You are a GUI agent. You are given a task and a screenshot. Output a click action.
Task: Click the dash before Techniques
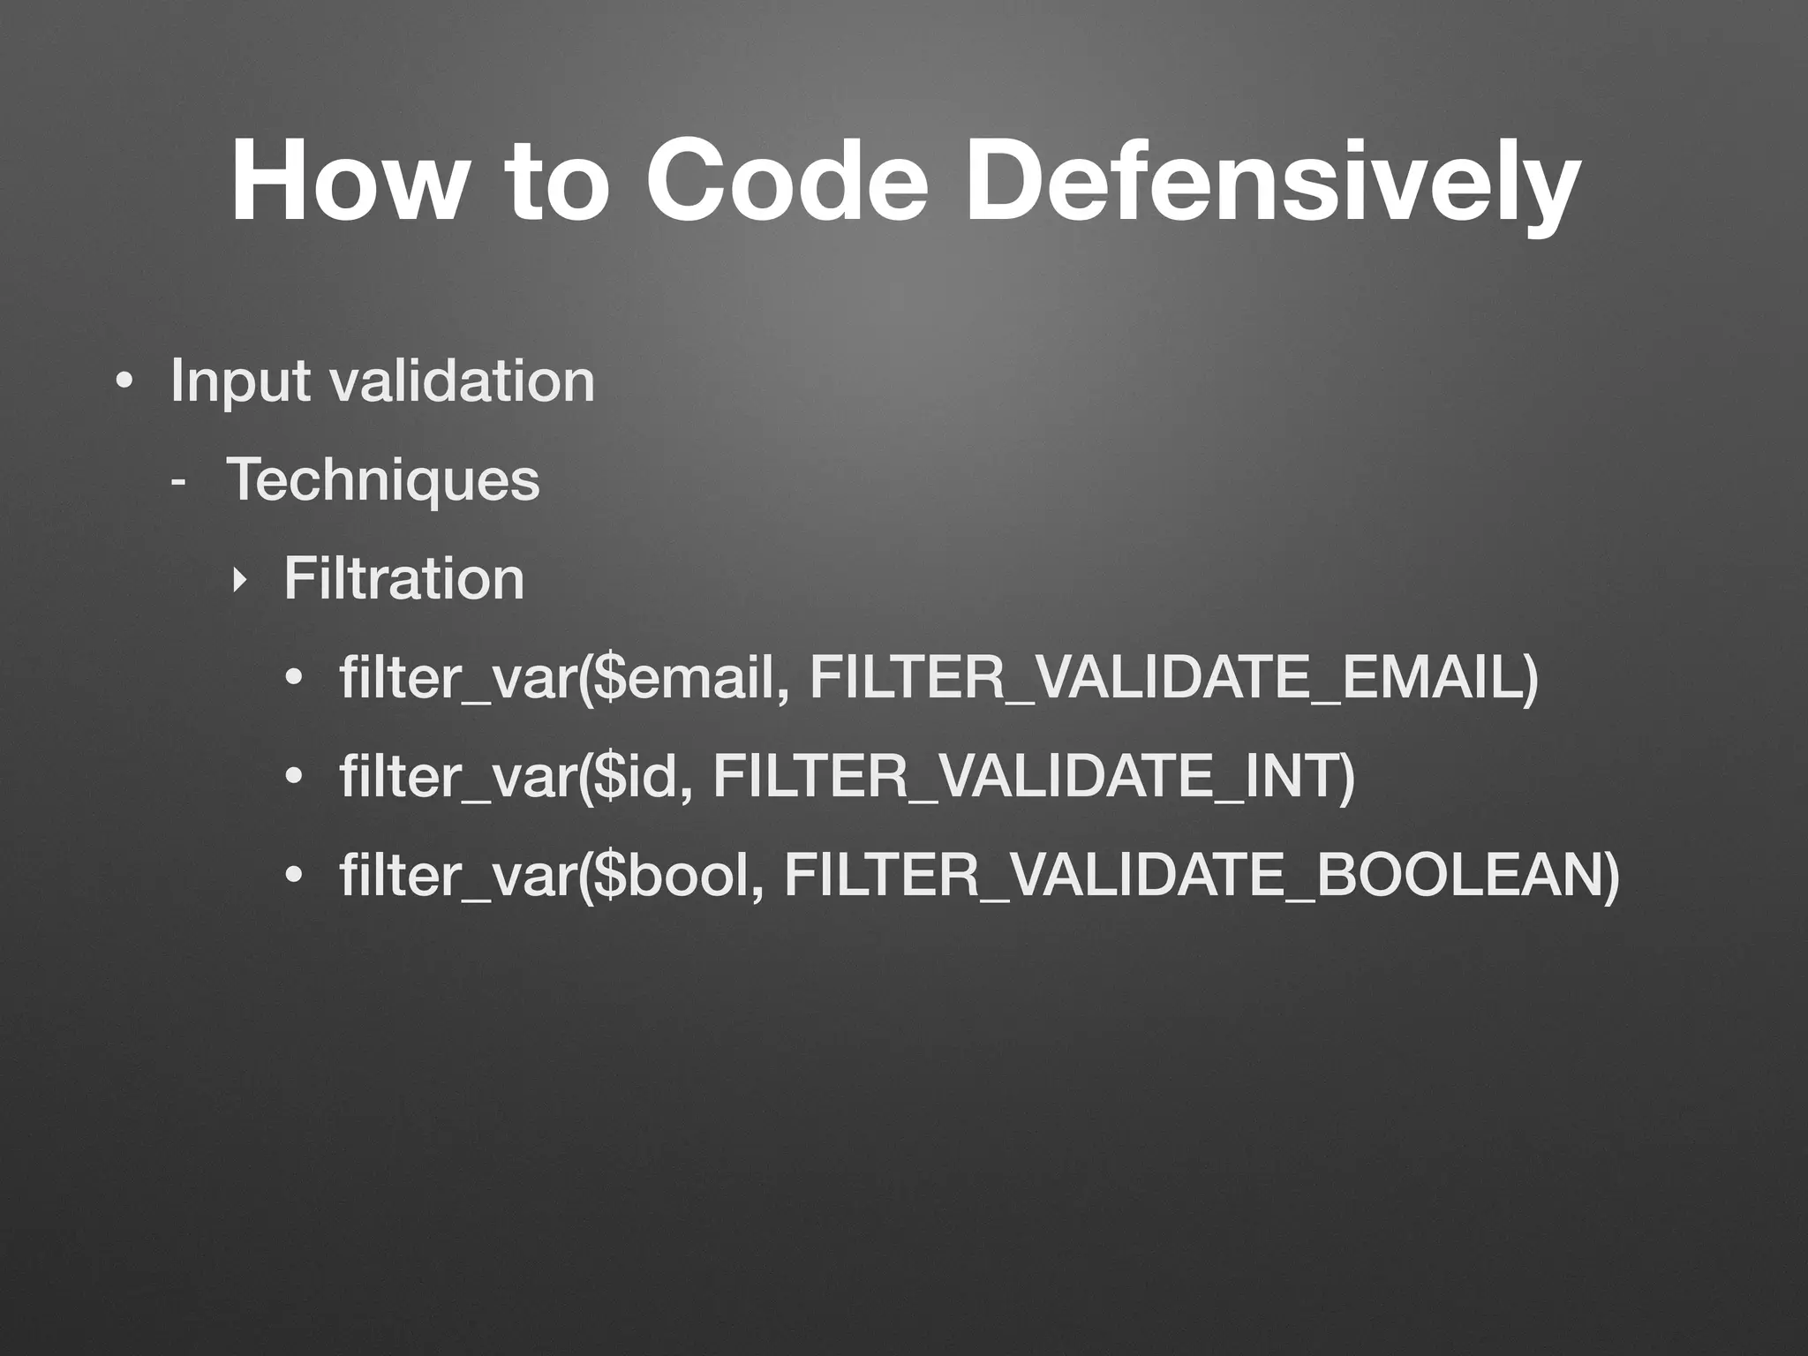pos(179,484)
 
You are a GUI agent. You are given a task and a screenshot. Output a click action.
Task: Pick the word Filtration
pos(403,579)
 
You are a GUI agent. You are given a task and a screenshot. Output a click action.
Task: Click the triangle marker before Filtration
pos(237,581)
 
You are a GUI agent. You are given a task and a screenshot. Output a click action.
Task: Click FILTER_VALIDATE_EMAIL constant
pos(1170,678)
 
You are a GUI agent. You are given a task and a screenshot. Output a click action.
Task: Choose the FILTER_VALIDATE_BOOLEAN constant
pos(1199,876)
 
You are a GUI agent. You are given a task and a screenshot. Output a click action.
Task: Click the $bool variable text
pos(678,876)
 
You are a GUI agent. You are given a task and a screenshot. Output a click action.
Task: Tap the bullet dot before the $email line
pos(294,681)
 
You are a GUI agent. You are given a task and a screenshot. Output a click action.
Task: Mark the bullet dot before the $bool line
pos(294,878)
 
